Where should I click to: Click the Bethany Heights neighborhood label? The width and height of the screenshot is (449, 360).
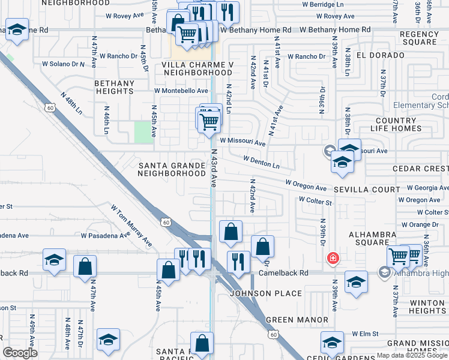coord(114,87)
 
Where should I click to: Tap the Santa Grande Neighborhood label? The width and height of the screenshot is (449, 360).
coord(172,169)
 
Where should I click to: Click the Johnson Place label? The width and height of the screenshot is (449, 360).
coord(266,293)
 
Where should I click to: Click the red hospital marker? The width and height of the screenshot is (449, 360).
coord(331,258)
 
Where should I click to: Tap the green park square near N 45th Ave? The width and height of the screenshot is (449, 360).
coord(143,132)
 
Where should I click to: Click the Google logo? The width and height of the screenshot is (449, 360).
coord(20,353)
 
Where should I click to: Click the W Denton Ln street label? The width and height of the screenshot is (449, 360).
coord(262,161)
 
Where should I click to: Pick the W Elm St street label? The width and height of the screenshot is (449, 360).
coord(367,333)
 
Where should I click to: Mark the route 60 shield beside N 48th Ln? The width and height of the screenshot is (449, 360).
coord(49,107)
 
